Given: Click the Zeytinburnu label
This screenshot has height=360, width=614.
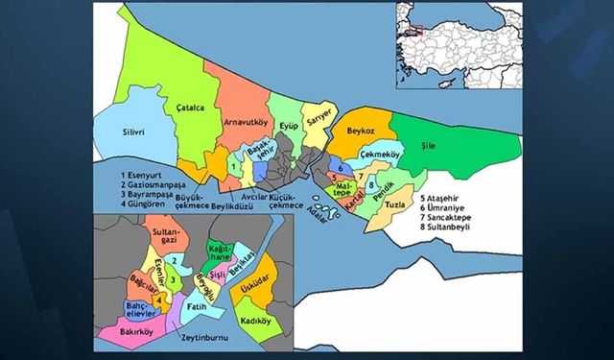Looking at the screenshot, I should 208,339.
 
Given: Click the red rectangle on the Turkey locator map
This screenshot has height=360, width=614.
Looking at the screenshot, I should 413,30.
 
